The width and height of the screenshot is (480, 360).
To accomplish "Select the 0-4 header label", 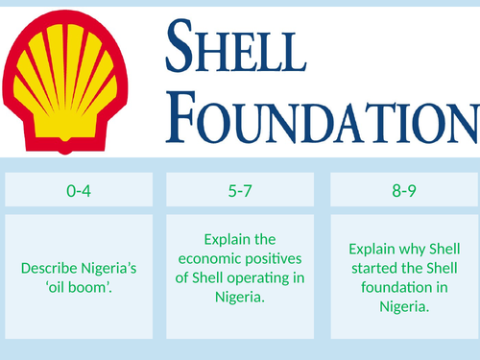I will pos(79,191).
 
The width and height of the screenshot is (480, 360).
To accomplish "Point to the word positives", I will pos(272,256).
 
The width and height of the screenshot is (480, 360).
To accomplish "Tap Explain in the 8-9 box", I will pos(372,246).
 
